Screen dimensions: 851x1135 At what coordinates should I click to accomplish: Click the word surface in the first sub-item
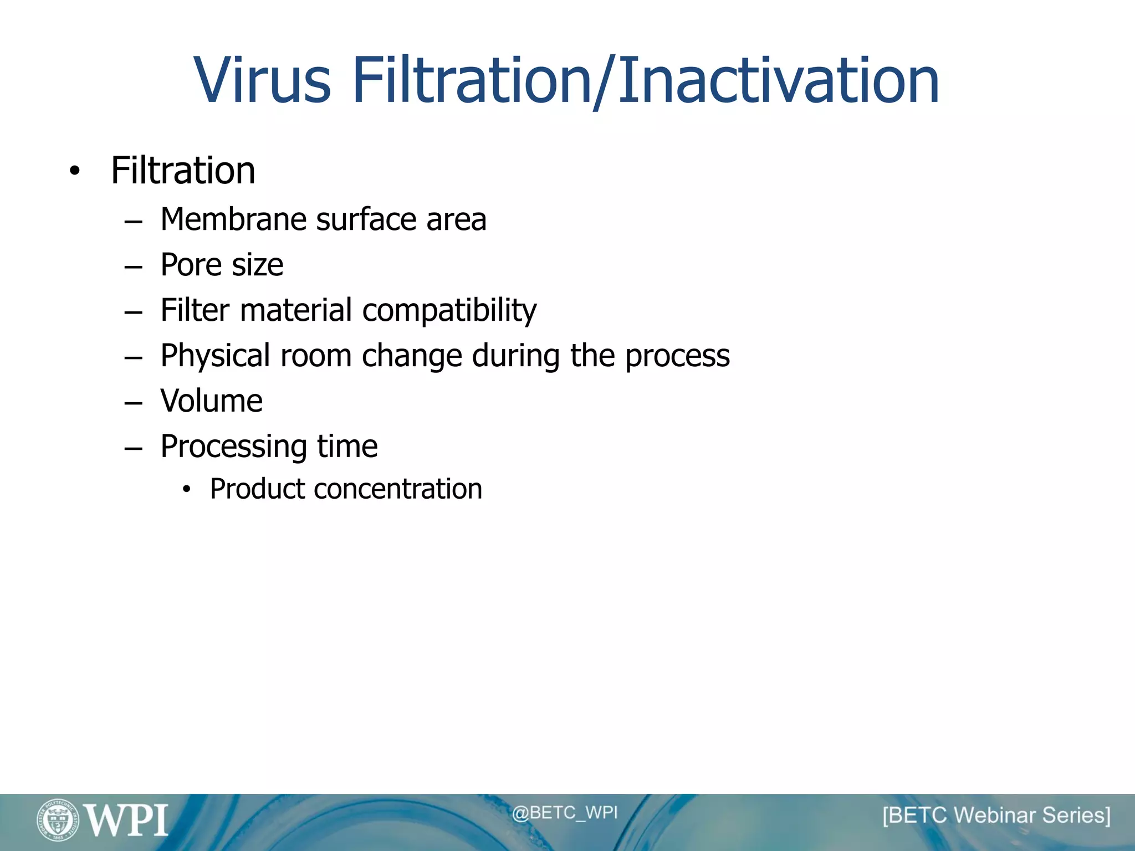[x=366, y=219]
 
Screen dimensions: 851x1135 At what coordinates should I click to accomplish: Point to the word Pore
[x=191, y=265]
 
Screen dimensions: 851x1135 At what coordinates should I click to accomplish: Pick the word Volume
[x=211, y=401]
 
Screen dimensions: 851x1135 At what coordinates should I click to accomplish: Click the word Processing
[x=233, y=447]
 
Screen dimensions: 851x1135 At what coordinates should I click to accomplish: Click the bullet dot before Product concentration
[x=187, y=489]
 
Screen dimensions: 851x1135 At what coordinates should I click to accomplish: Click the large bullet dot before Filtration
[x=75, y=172]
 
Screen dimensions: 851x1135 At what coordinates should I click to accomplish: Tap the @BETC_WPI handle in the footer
[x=564, y=813]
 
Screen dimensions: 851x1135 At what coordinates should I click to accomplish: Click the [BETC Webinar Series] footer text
[x=996, y=816]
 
